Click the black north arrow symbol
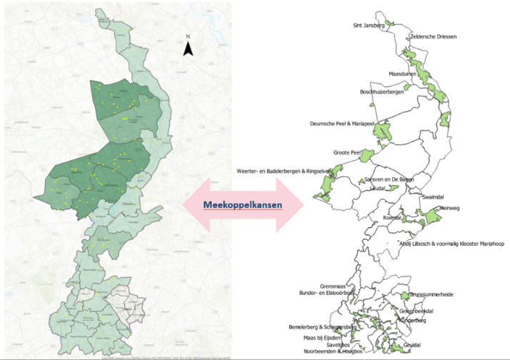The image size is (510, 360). pyautogui.click(x=188, y=49)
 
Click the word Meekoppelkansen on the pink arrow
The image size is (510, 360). pyautogui.click(x=242, y=204)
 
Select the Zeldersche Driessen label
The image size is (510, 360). pyautogui.click(x=434, y=36)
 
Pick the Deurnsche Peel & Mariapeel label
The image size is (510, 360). pyautogui.click(x=342, y=124)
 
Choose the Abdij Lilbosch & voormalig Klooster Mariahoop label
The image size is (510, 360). pyautogui.click(x=452, y=244)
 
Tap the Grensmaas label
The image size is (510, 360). pyautogui.click(x=333, y=285)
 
